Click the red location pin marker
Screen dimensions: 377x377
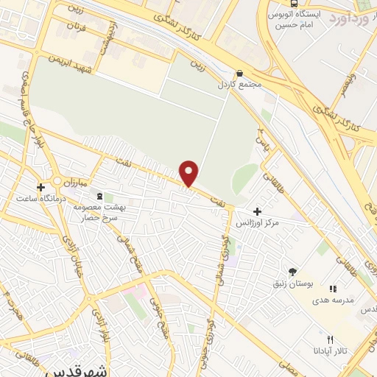point(189,172)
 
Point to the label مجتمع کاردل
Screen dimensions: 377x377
point(246,85)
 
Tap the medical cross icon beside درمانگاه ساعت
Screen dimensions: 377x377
point(40,187)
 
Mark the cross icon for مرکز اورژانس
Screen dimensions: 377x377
point(256,211)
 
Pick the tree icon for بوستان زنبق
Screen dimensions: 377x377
point(293,272)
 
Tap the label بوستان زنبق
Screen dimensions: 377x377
point(299,283)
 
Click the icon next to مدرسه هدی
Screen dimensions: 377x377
point(333,289)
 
